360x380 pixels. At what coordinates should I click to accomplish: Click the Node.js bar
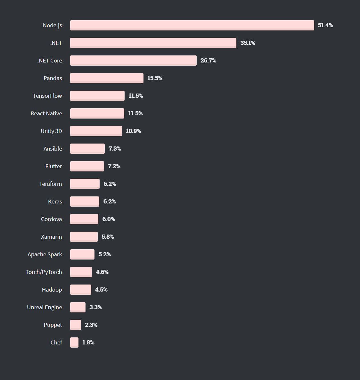point(192,25)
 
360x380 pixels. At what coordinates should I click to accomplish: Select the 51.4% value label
point(325,25)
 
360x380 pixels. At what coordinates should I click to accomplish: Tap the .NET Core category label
point(50,61)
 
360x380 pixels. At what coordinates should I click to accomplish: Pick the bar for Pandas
point(107,78)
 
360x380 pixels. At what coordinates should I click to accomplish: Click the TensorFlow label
point(47,96)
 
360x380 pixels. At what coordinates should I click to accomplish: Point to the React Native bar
point(97,113)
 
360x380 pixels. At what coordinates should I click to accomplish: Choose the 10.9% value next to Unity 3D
point(133,131)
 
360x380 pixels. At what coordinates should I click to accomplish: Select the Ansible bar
point(87,148)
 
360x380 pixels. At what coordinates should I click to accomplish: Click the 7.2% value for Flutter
point(114,166)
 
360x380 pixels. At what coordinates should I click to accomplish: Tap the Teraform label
point(51,184)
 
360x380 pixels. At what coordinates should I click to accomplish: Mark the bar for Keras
point(85,201)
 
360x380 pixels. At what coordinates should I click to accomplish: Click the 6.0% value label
point(109,219)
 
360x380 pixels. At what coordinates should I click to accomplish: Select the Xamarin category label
point(52,237)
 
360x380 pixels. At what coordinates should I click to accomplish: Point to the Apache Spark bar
point(82,254)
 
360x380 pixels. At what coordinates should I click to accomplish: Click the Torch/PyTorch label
point(44,272)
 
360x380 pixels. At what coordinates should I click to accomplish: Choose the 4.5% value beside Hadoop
point(101,290)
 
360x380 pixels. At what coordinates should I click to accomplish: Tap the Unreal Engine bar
point(78,307)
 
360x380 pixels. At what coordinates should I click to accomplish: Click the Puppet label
point(53,325)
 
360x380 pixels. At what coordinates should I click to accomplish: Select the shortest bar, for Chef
point(74,342)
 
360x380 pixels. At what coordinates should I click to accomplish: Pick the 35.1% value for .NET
point(248,43)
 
